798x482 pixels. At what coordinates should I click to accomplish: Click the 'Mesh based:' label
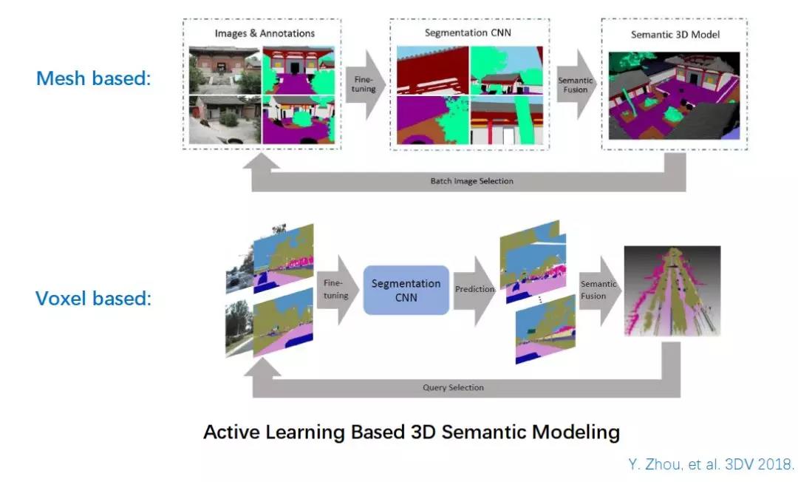coord(94,78)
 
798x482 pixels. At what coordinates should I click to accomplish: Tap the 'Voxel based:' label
coord(94,298)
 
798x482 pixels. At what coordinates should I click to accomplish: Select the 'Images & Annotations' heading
coord(265,33)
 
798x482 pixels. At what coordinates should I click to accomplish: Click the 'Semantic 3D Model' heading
coord(675,35)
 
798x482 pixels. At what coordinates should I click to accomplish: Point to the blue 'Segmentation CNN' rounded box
coord(406,290)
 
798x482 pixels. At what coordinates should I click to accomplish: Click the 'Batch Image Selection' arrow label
coord(471,181)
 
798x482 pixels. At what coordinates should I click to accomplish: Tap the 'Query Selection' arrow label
coord(453,388)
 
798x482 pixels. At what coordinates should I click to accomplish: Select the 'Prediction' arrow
coord(474,290)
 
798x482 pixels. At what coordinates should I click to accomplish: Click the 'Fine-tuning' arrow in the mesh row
coord(365,84)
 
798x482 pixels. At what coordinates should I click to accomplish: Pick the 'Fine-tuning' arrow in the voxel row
coord(337,289)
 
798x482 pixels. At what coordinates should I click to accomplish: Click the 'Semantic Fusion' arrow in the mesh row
coord(576,84)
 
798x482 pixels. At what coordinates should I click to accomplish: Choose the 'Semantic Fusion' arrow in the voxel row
coord(599,290)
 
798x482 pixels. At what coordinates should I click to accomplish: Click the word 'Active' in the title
coord(231,432)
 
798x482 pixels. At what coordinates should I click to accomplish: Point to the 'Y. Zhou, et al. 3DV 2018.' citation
coord(711,464)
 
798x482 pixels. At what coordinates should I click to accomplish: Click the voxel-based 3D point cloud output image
coord(672,291)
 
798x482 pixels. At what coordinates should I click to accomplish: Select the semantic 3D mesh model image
coord(675,95)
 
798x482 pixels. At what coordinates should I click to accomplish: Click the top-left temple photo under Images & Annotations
coord(225,70)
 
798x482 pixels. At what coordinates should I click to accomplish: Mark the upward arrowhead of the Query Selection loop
coord(262,367)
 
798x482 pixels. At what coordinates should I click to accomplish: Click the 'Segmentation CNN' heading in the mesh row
coord(468,33)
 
